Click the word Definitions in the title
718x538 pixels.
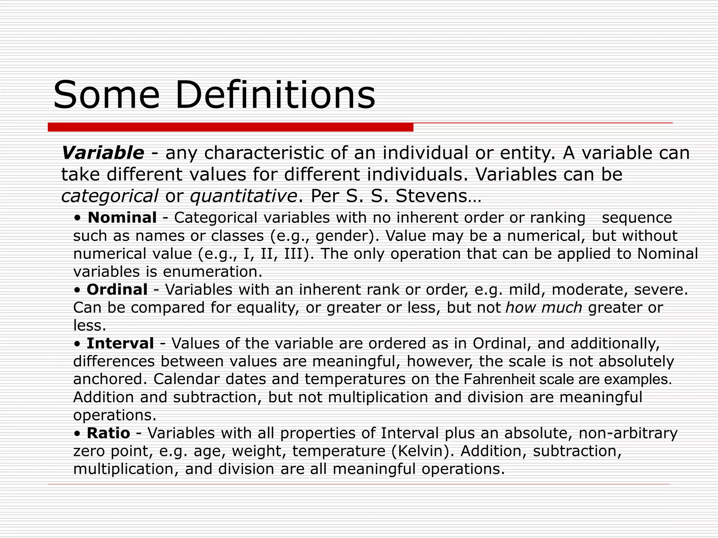(275, 95)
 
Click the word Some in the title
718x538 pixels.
(106, 95)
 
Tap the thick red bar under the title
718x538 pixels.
(230, 127)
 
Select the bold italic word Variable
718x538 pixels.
(103, 153)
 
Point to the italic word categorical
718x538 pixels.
(109, 196)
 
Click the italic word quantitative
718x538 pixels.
(243, 196)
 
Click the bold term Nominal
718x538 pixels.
(122, 218)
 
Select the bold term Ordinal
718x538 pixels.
(117, 290)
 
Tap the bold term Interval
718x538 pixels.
(120, 343)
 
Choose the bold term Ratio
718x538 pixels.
(108, 433)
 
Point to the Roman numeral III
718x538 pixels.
(293, 254)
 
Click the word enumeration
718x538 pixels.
(212, 272)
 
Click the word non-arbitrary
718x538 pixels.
(628, 433)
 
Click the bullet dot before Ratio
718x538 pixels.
(77, 434)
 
